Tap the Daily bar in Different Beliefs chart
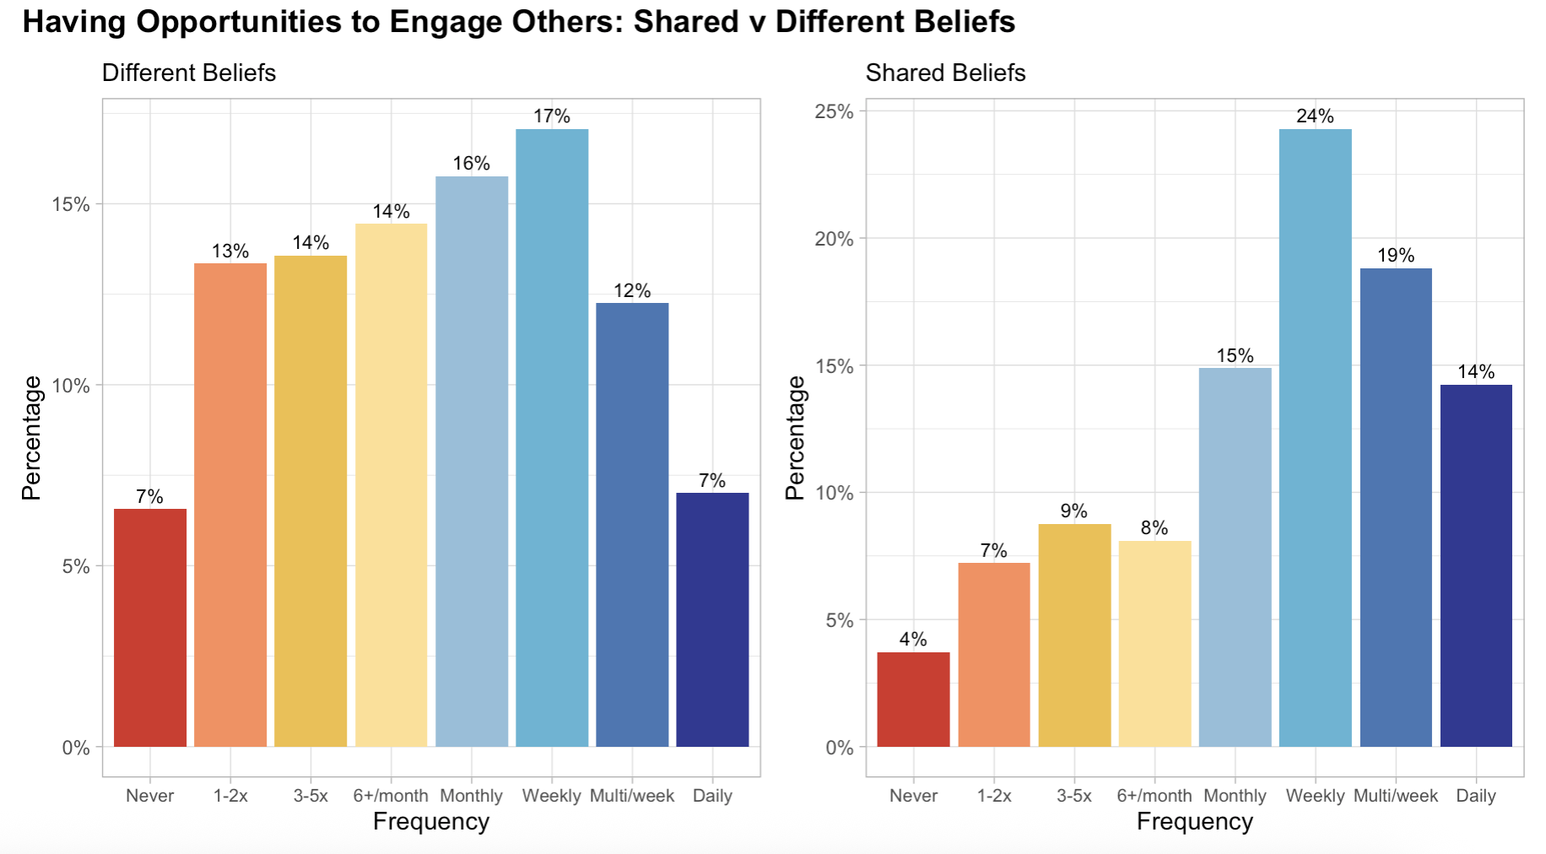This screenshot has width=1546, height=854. coord(712,619)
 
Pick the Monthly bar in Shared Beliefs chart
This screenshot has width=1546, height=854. coord(1235,557)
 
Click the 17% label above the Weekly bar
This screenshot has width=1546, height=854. coord(552,116)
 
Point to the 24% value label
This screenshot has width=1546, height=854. coord(1315,116)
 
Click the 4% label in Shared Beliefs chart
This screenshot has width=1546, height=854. coord(913,640)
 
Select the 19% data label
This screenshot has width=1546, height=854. coord(1396,256)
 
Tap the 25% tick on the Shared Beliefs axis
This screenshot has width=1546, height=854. coord(834,112)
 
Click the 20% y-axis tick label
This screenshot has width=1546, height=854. coord(834,240)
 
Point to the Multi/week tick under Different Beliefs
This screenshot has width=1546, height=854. coord(632,796)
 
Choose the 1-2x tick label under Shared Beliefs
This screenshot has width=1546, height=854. coord(994,796)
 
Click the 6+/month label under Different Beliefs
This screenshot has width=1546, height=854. coord(391,796)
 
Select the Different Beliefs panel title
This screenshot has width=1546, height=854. coord(189,73)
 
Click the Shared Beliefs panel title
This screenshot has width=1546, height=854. coord(945,73)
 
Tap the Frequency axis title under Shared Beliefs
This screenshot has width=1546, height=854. coord(1194,822)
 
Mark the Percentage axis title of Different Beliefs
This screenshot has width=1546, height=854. coord(32,438)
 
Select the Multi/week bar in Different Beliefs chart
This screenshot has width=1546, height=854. coord(632,524)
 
